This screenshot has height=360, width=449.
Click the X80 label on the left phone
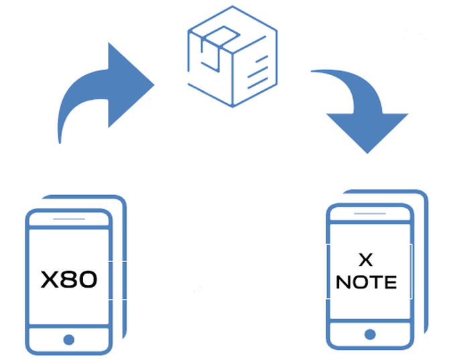tap(68, 279)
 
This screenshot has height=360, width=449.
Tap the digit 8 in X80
tap(69, 279)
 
